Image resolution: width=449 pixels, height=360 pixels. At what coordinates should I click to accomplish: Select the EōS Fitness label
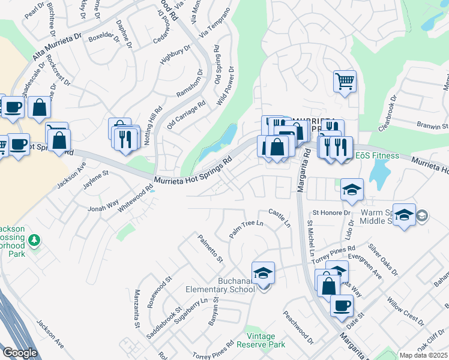click(377, 156)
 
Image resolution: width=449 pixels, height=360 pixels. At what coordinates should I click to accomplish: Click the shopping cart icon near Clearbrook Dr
click(345, 80)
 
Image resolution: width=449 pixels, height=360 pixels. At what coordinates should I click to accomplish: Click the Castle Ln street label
click(280, 218)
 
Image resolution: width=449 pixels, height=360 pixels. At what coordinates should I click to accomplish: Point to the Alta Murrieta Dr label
click(56, 47)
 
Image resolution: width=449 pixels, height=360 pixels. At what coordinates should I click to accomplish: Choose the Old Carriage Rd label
click(187, 114)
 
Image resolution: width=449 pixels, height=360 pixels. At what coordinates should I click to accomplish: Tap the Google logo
click(20, 352)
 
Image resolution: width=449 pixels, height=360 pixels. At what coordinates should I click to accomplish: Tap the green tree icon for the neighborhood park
click(35, 241)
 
